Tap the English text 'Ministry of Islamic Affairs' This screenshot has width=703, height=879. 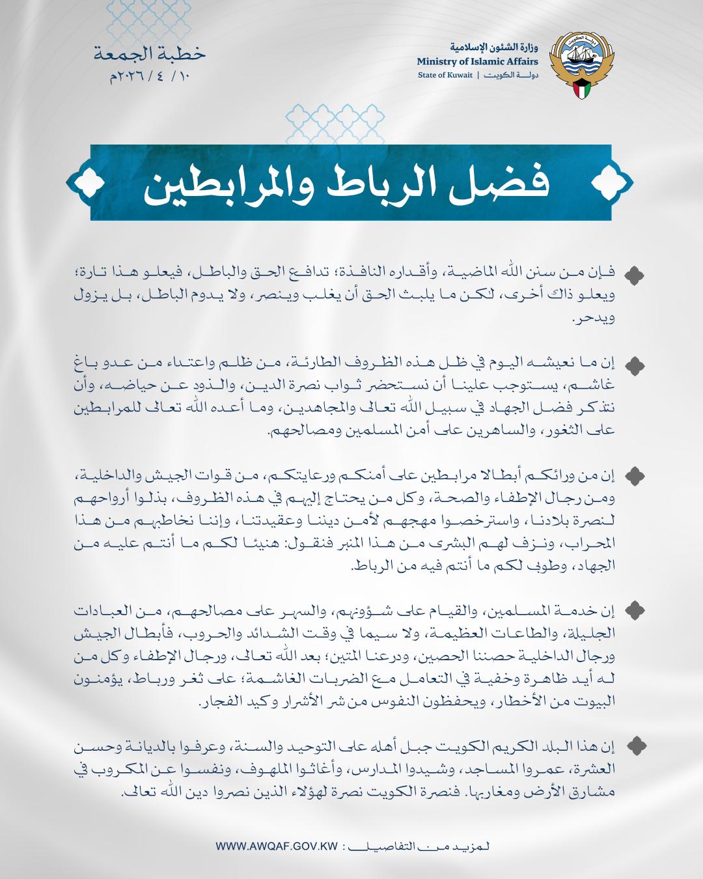point(478,61)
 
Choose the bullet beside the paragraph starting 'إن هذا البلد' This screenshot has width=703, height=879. point(634,744)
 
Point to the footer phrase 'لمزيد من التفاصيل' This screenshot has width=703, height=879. point(420,848)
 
